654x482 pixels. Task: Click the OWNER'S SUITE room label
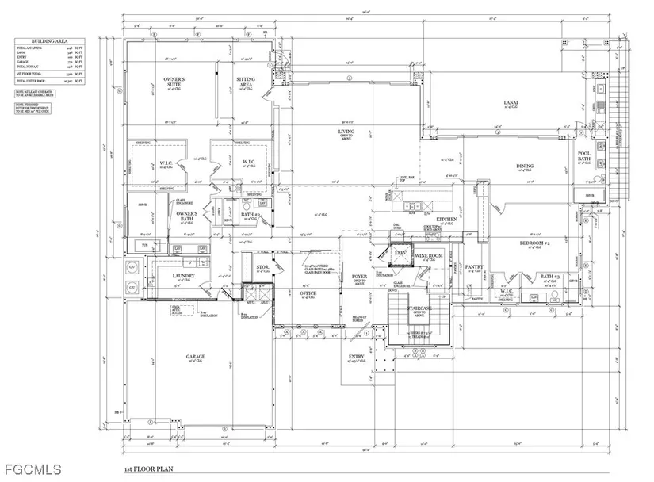pos(174,82)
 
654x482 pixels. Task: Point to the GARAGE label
pos(195,357)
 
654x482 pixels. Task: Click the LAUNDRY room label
pos(183,276)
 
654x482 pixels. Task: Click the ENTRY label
pos(357,358)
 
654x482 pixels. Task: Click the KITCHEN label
pos(446,219)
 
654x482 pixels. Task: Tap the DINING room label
pos(525,166)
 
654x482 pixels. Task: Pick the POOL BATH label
pos(584,157)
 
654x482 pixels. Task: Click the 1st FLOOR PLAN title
pos(148,470)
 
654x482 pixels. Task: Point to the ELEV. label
pos(401,253)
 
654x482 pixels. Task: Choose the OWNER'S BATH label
pos(186,214)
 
